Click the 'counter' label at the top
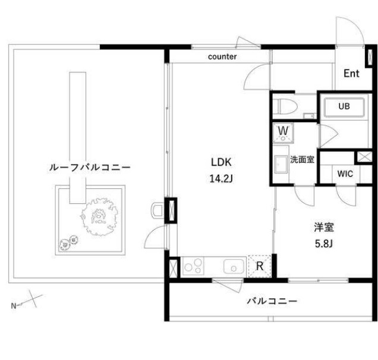(223, 57)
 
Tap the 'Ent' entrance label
(351, 74)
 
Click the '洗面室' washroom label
(302, 159)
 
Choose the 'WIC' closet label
(345, 174)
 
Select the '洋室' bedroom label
(323, 227)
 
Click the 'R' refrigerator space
(260, 266)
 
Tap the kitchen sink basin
(234, 266)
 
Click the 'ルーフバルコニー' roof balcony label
(89, 168)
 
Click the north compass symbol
(26, 304)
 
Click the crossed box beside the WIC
(361, 157)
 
